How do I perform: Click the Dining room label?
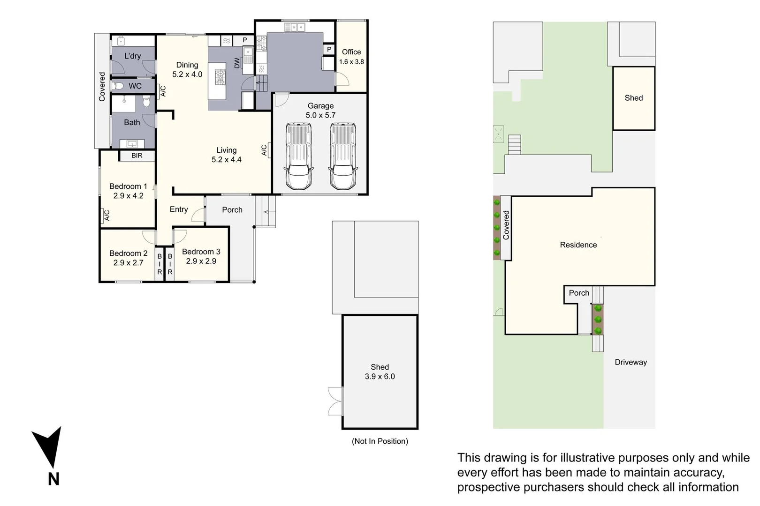click(x=187, y=65)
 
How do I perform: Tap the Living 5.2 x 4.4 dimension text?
click(x=226, y=160)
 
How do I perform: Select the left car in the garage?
click(x=299, y=156)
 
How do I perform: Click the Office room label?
click(x=351, y=52)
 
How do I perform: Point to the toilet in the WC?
click(x=118, y=86)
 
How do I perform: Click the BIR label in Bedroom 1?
click(x=137, y=156)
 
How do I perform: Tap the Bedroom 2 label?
click(x=128, y=253)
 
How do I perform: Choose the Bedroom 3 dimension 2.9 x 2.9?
click(x=201, y=261)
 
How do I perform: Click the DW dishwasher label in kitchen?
click(x=237, y=63)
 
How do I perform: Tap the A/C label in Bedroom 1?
click(x=106, y=215)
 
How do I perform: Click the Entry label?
click(x=179, y=209)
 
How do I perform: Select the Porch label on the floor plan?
click(x=232, y=210)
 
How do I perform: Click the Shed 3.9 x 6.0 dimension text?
click(x=380, y=377)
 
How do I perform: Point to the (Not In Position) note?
click(x=380, y=441)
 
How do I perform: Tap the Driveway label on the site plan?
click(x=631, y=362)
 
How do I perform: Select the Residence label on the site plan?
click(x=578, y=245)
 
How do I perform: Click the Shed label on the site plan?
click(x=633, y=98)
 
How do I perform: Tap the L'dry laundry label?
click(x=132, y=56)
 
